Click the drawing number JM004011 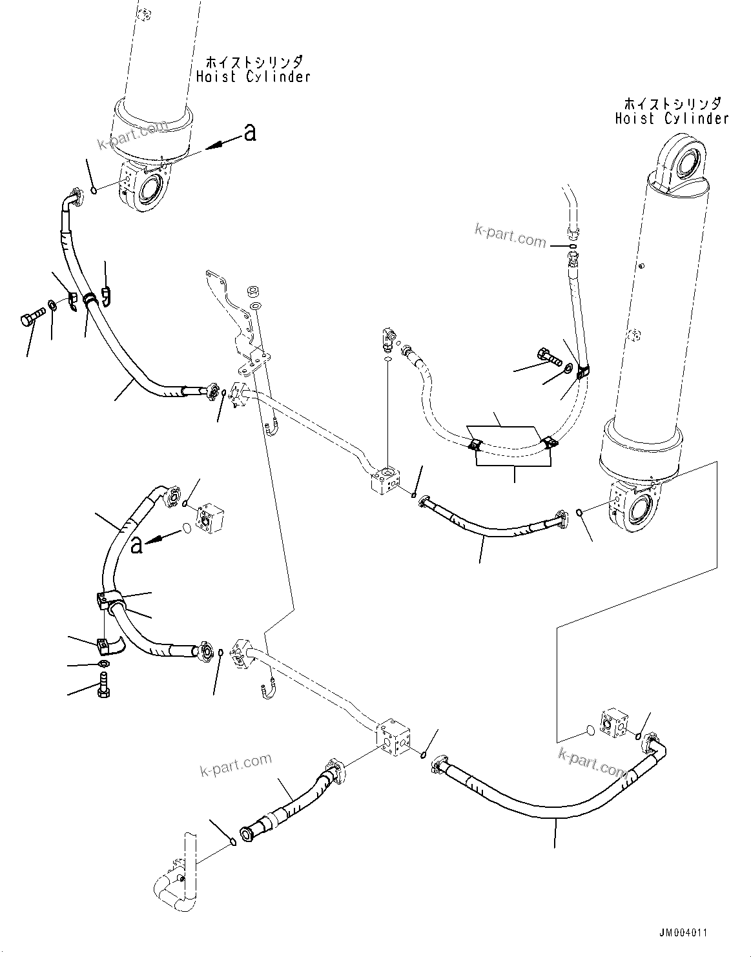[684, 933]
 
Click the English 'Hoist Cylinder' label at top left [253, 77]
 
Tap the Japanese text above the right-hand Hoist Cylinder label [672, 103]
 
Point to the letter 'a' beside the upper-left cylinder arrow [249, 133]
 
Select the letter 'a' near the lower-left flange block [136, 546]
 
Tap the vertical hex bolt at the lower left [102, 684]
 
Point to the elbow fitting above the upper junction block [389, 336]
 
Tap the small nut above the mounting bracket [254, 289]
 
